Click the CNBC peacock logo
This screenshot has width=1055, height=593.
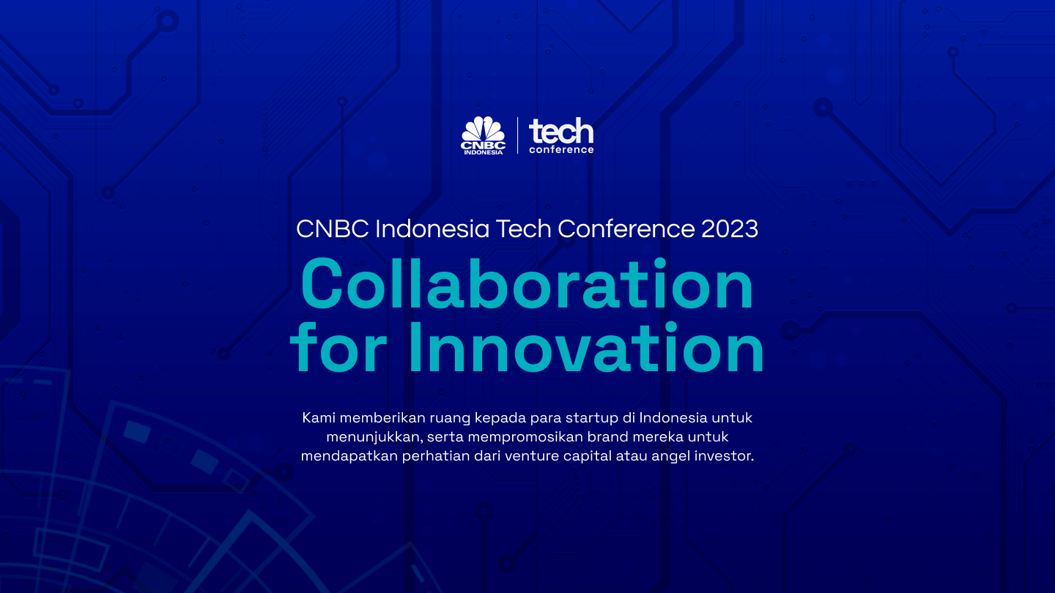(483, 132)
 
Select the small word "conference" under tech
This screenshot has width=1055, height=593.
(561, 150)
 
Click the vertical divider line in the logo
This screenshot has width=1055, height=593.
(518, 135)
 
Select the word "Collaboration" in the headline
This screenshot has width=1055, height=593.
(527, 286)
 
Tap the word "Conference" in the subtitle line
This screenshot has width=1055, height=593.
(626, 229)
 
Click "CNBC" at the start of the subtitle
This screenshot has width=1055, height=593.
(333, 229)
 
